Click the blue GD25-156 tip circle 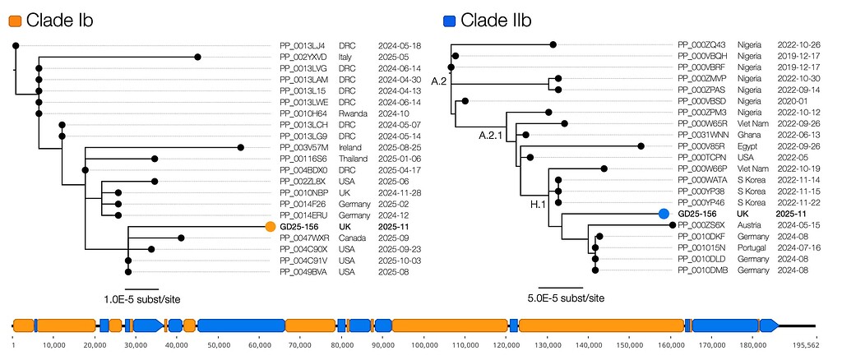(x=664, y=214)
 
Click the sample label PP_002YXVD (x=303, y=57)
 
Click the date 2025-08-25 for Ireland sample (x=400, y=147)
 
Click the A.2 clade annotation (x=439, y=81)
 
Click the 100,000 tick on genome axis (x=424, y=343)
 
